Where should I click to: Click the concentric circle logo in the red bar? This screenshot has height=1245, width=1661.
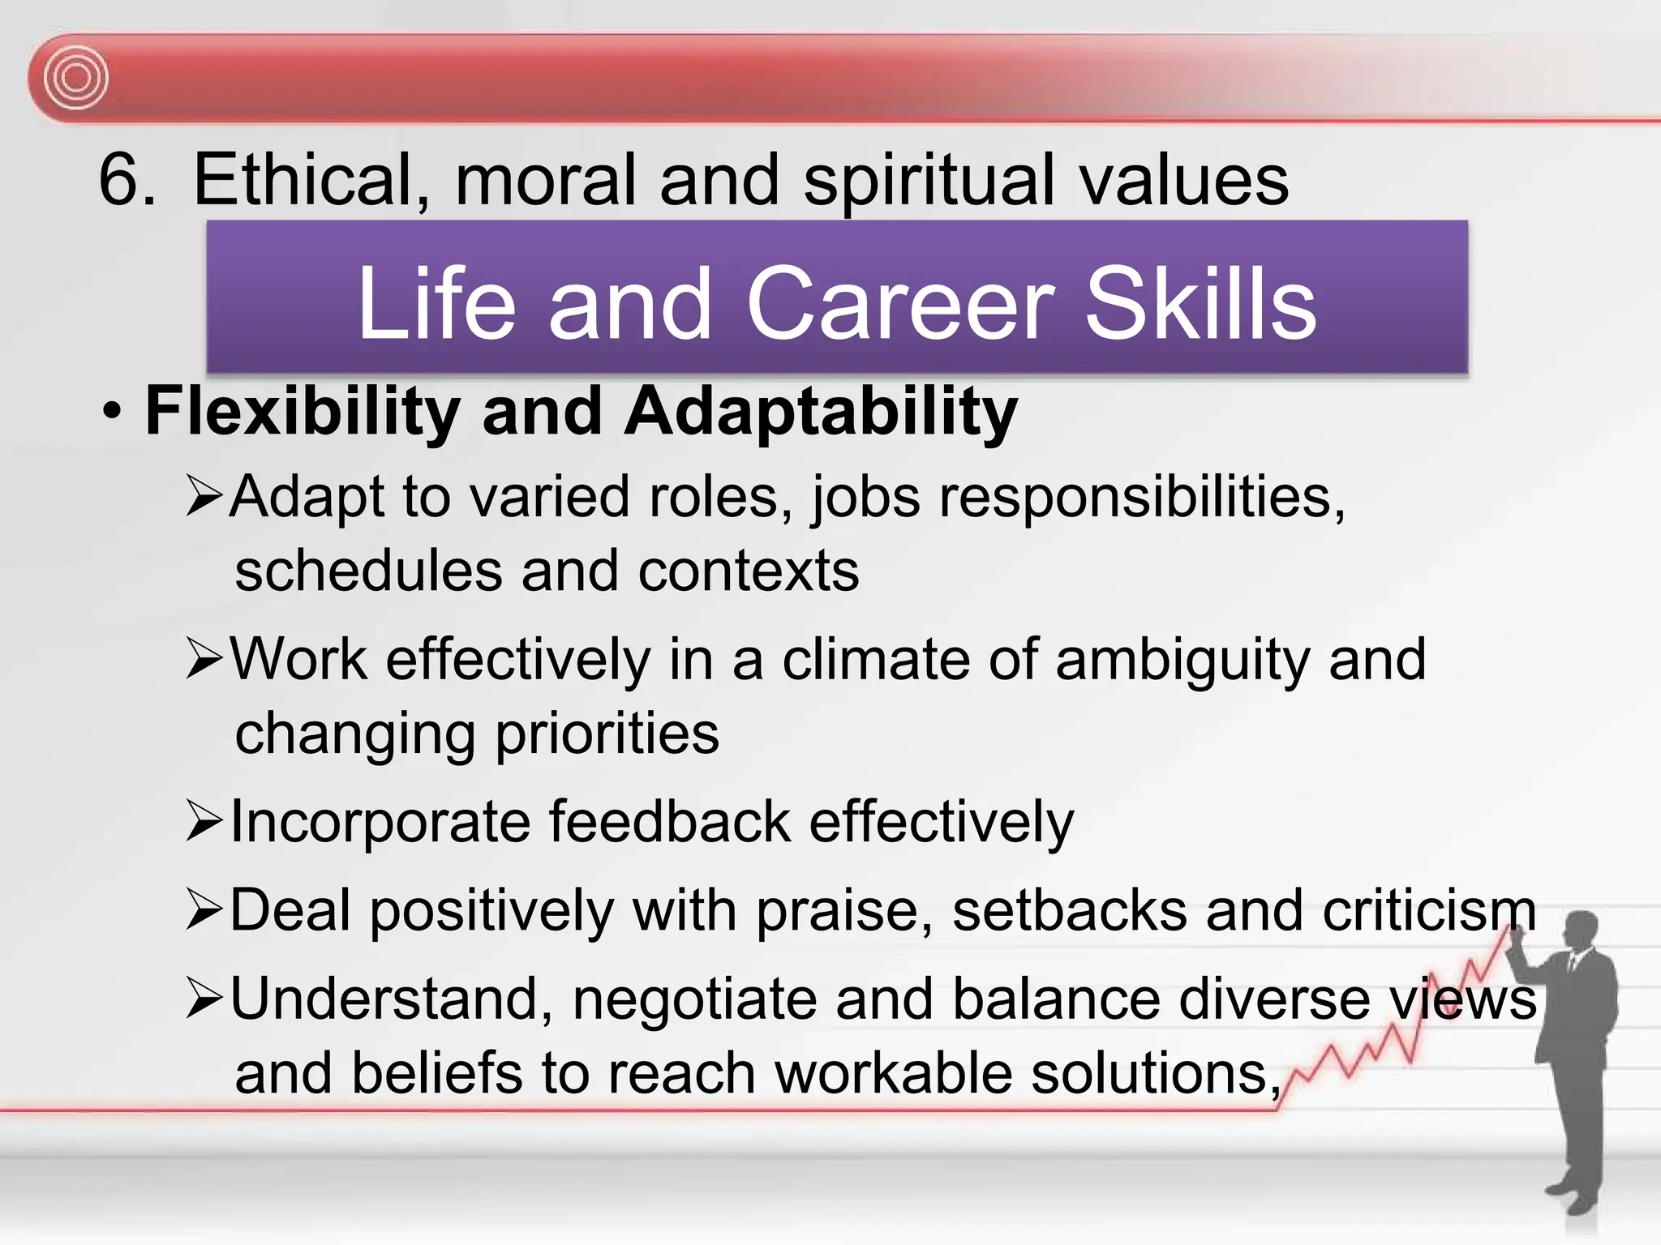point(76,78)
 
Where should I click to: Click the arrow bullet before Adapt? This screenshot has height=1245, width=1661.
point(204,497)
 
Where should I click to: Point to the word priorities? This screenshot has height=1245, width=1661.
point(607,734)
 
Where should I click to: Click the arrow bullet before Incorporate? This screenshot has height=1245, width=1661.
point(204,822)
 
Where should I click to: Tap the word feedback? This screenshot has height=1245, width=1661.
point(670,822)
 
